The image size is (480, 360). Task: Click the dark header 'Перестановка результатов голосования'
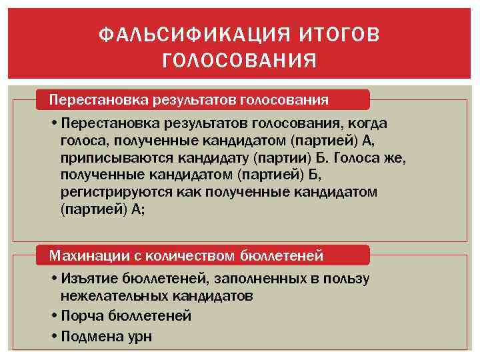189,100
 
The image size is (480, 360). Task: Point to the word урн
137,336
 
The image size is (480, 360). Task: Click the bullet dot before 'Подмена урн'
53,335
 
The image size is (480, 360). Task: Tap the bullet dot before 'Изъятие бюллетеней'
53,279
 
